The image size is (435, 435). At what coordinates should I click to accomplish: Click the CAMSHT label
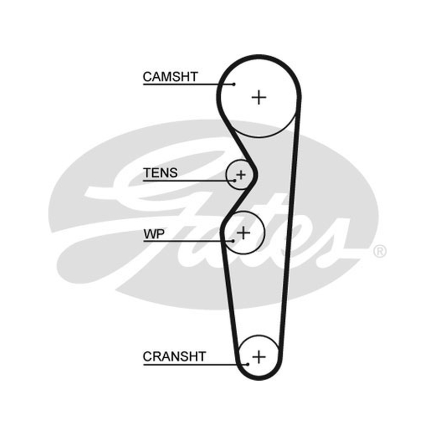coord(170,77)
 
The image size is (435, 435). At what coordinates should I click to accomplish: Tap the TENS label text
coord(160,173)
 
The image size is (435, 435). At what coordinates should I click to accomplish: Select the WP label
coord(154,234)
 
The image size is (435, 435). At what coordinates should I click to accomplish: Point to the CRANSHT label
coord(174,357)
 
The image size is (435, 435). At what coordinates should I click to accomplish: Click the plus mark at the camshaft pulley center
coord(259,97)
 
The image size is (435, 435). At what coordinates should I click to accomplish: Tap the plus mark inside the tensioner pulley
coord(240,175)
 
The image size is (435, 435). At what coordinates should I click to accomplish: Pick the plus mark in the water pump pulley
coord(244,233)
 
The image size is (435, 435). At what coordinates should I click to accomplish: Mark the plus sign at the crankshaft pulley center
coord(259,357)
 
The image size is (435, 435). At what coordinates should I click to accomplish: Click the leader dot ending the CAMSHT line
coord(234,84)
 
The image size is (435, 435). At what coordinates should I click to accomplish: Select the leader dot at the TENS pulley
coord(235,181)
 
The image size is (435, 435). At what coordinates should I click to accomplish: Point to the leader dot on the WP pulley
coord(233,241)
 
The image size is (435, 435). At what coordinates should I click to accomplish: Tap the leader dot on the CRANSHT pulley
coord(247,364)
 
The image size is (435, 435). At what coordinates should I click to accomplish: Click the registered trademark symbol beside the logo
coord(380,251)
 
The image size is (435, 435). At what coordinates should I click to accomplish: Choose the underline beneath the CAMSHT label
coord(189,84)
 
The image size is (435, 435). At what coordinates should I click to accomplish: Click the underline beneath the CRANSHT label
coord(196,364)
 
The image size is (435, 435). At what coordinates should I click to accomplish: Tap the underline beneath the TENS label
coord(189,181)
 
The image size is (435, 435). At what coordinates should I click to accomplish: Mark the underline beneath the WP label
coord(188,241)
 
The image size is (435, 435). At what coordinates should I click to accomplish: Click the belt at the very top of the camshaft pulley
coord(259,57)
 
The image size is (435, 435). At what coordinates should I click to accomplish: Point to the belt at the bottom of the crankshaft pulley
coord(259,377)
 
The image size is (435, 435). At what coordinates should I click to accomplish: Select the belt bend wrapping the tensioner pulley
coord(255,175)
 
